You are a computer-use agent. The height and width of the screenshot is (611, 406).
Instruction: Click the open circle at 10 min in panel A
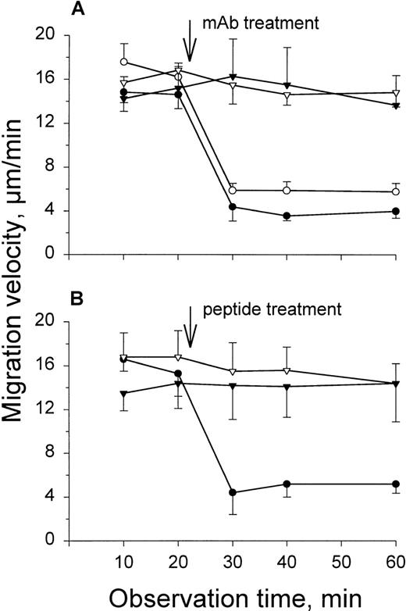pos(123,62)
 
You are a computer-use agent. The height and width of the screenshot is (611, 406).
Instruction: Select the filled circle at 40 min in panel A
pos(287,216)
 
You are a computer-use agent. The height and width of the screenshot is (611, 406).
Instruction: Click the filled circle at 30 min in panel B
pos(233,492)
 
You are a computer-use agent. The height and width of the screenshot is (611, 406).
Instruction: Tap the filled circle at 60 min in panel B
pos(396,484)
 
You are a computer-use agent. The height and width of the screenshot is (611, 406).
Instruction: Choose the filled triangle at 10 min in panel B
pos(123,393)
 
